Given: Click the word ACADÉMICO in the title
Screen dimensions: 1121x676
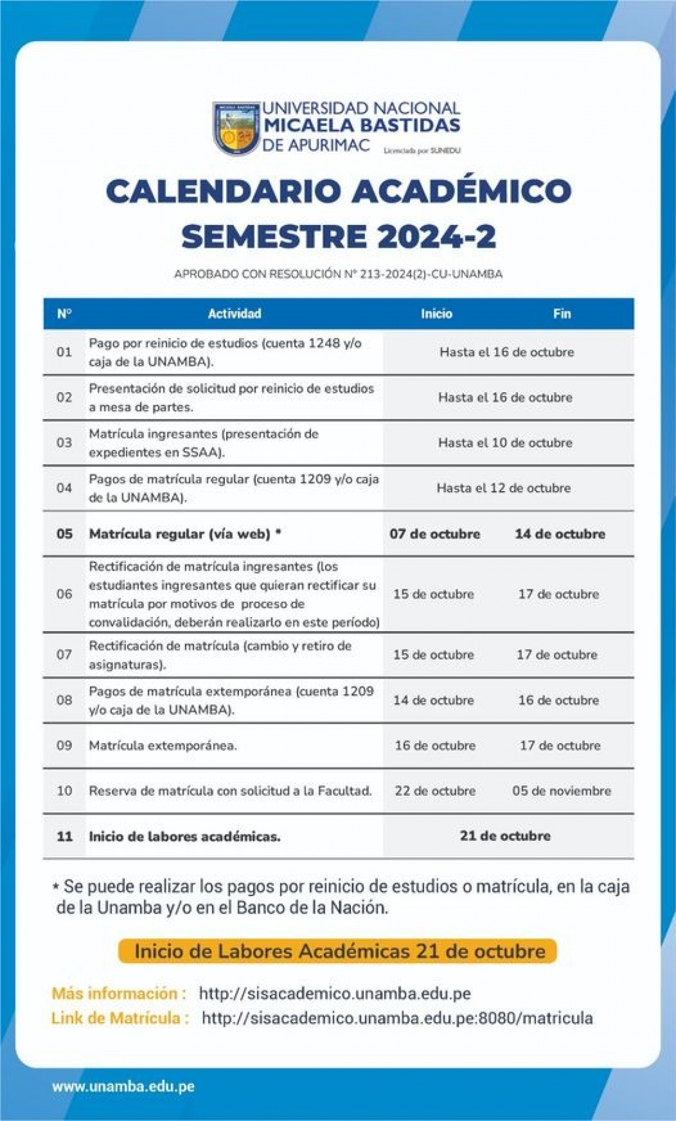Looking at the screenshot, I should pyautogui.click(x=462, y=191).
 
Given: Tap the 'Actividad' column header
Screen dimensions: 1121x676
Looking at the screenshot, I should pyautogui.click(x=234, y=313).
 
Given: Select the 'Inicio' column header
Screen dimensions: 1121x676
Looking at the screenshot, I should pyautogui.click(x=436, y=313).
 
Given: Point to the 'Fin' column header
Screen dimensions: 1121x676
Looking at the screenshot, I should pyautogui.click(x=562, y=313).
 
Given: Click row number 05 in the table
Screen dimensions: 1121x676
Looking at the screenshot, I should pyautogui.click(x=65, y=533).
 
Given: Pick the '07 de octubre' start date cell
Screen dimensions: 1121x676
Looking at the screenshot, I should pyautogui.click(x=434, y=533).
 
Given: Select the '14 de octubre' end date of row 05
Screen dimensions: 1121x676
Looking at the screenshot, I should pyautogui.click(x=560, y=533).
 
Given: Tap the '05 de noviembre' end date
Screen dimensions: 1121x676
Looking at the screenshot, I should pyautogui.click(x=562, y=790).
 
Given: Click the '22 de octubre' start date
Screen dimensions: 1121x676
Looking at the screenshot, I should pyautogui.click(x=435, y=790).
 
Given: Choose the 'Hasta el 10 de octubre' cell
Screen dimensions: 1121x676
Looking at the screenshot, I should pyautogui.click(x=505, y=442).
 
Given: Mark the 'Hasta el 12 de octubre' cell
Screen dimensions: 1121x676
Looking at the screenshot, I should pyautogui.click(x=504, y=488).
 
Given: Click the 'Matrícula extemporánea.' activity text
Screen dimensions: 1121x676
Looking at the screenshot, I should pyautogui.click(x=163, y=745).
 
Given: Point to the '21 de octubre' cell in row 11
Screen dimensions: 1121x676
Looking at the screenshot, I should pyautogui.click(x=505, y=836).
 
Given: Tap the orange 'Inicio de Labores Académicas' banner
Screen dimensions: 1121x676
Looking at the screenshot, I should pyautogui.click(x=337, y=951).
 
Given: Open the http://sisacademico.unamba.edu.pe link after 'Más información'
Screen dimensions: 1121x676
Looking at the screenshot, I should pyautogui.click(x=335, y=993).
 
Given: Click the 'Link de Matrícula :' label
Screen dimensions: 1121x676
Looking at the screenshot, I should pyautogui.click(x=120, y=1018).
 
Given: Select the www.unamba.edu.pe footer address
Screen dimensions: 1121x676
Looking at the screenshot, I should pyautogui.click(x=123, y=1086).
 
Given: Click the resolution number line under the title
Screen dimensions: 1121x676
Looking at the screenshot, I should pyautogui.click(x=338, y=274).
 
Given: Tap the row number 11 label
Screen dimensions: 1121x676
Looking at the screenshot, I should pyautogui.click(x=65, y=836).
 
